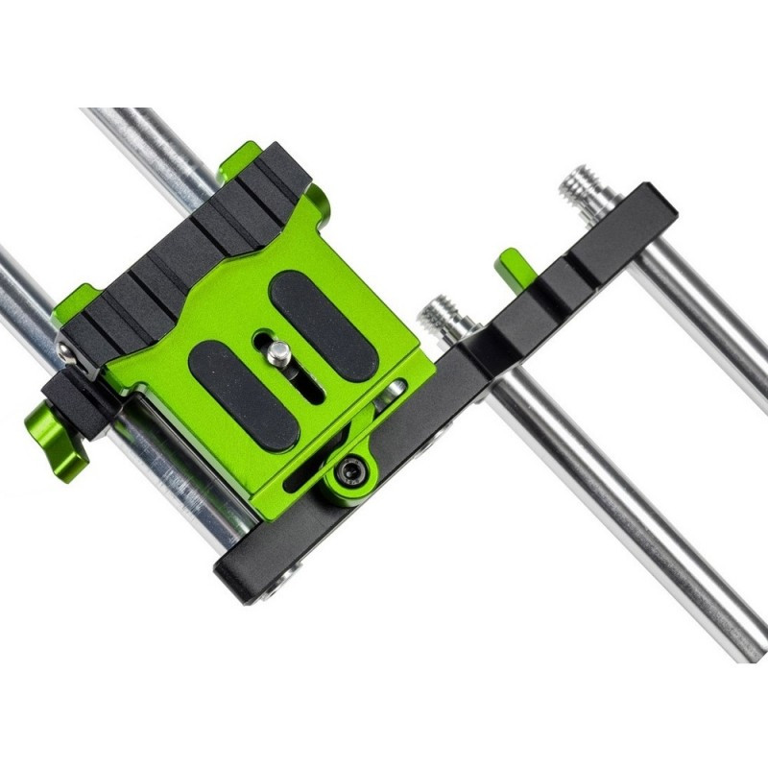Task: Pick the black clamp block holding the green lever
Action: point(82,394)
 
